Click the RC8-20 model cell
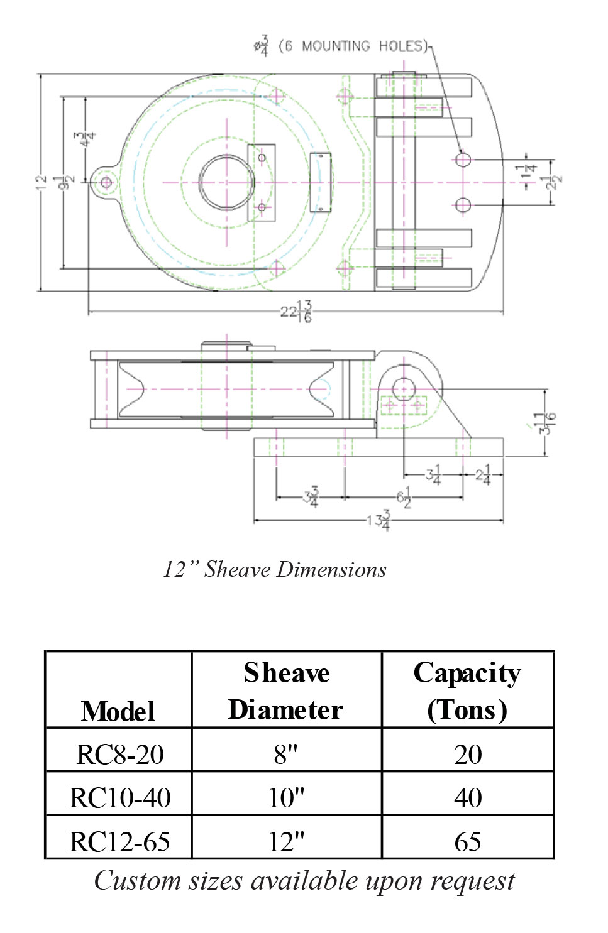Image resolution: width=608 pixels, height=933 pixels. point(119,754)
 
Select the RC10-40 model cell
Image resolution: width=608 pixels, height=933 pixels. point(119,797)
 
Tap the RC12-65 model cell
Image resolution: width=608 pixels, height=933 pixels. point(119,841)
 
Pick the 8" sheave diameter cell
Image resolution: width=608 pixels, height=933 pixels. point(286,754)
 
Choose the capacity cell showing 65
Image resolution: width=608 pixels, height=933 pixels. point(468,841)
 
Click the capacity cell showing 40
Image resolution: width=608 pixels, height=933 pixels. point(468,797)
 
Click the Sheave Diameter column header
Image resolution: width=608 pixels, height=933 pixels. point(286,691)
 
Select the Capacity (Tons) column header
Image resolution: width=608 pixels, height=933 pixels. point(467,691)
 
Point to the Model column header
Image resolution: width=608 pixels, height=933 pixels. point(118,711)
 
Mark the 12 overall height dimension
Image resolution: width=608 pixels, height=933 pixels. point(41,182)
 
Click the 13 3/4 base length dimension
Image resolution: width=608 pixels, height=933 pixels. point(379,520)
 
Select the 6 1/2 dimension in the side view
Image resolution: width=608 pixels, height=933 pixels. point(404,497)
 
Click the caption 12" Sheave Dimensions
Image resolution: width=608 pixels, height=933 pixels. point(275,569)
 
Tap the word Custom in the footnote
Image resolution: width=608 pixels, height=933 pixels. point(129,881)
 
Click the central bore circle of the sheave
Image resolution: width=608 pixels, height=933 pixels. point(226,183)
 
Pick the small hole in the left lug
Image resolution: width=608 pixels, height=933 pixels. point(106,183)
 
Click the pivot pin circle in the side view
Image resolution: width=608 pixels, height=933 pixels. point(403,388)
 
